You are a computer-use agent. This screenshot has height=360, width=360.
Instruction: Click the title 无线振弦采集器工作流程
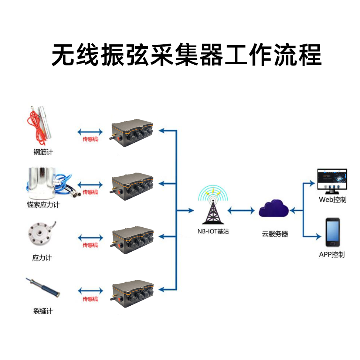tap(186, 55)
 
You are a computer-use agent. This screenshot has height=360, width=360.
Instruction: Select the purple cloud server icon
tap(274, 209)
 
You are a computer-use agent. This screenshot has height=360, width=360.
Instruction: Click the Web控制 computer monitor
tap(332, 180)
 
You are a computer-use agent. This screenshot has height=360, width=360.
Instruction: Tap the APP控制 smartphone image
tap(333, 232)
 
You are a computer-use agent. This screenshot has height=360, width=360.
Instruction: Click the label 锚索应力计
tap(43, 204)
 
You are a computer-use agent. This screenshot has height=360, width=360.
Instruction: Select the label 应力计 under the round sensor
tap(42, 258)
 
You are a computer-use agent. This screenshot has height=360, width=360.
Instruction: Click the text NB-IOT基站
tap(213, 232)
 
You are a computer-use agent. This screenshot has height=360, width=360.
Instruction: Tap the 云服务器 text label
tap(275, 234)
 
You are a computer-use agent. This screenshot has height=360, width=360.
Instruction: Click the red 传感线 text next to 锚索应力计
tap(90, 192)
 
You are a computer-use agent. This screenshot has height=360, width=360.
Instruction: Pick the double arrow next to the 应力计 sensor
tap(90, 237)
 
